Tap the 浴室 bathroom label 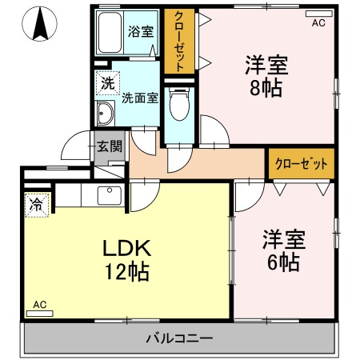point(141,32)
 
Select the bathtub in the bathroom point(110,34)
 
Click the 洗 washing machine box point(106,82)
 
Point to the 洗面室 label point(140,98)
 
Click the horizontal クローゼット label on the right point(301,164)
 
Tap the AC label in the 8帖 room point(318,23)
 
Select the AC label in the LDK point(39,304)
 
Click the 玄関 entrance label point(109,146)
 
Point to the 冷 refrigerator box point(36,205)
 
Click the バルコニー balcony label point(179,338)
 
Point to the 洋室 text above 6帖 point(283,238)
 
